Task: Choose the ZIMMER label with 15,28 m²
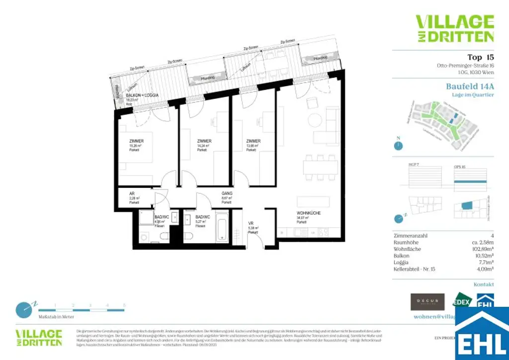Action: point(136,141)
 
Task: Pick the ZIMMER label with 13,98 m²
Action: point(253,141)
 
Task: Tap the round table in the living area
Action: point(315,120)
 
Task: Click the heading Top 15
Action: point(480,57)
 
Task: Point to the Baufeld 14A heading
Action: point(470,86)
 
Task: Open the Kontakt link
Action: point(484,284)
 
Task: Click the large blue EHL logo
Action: point(482,333)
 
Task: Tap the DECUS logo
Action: point(427,302)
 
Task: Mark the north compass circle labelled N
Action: point(398,146)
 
